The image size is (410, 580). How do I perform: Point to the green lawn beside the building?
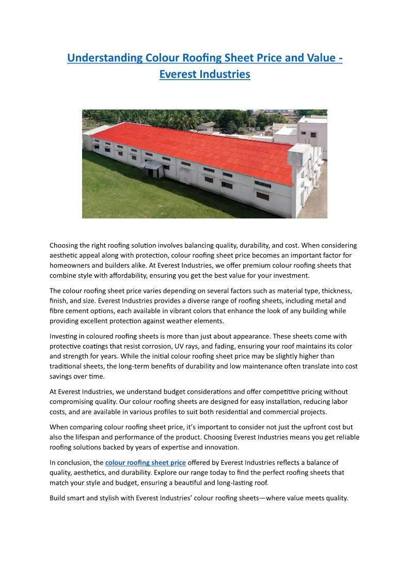119,191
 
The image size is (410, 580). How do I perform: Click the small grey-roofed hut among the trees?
207,126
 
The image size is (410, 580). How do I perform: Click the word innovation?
222,447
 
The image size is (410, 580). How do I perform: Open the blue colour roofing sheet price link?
145,462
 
